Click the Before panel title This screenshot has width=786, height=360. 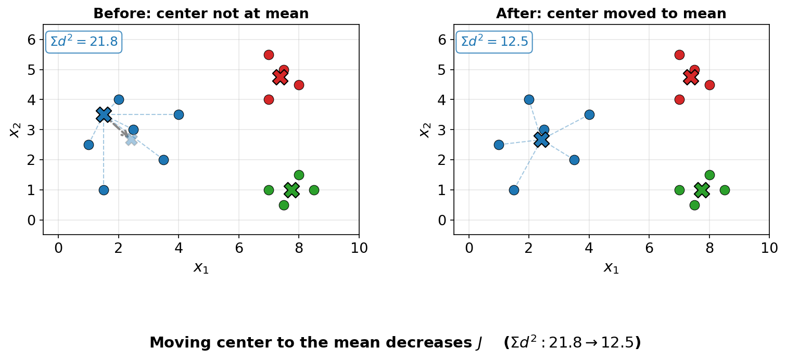201,14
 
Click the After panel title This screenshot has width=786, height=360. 611,14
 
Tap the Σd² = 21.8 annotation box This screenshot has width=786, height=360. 84,42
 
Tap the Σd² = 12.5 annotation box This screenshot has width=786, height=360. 494,42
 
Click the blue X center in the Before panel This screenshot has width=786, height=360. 104,114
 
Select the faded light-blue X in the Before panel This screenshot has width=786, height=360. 131,139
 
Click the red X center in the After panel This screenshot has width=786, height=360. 691,77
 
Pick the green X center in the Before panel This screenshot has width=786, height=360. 291,190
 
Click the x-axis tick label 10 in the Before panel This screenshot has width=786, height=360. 359,249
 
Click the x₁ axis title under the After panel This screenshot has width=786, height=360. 611,267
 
